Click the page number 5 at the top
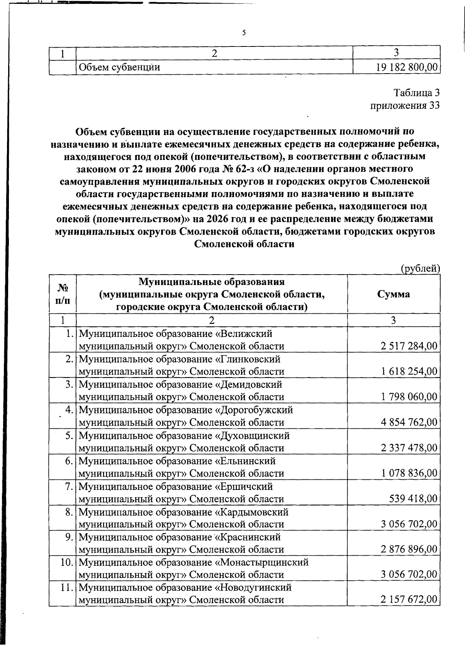coord(244,33)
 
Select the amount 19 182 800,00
coord(406,67)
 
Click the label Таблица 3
coord(417,93)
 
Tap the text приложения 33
coord(405,105)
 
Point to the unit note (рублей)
coord(420,268)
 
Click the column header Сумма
coord(393,294)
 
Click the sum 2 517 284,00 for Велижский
coord(409,346)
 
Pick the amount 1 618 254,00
coord(409,371)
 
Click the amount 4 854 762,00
coord(409,422)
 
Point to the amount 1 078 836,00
coord(409,473)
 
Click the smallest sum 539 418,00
coord(413,498)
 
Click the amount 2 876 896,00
coord(409,550)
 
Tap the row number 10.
coord(67,562)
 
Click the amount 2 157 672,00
coord(409,600)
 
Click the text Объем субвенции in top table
coord(119,67)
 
